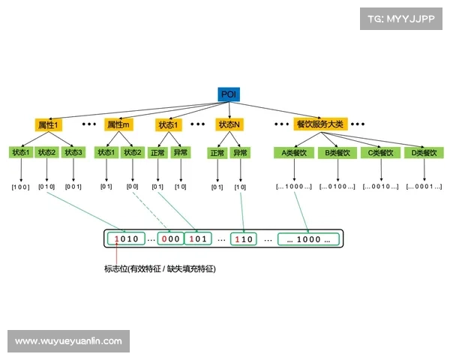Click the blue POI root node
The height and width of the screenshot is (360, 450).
tap(229, 94)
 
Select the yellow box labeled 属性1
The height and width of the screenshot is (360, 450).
tap(48, 124)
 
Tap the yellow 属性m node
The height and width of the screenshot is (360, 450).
tap(118, 124)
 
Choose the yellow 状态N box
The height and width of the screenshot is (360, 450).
tap(229, 124)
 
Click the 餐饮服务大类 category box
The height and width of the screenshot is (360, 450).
tap(320, 124)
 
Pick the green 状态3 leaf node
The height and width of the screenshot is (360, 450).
tap(73, 153)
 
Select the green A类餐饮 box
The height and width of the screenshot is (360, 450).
tap(294, 153)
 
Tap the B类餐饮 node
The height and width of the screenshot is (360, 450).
tap(337, 153)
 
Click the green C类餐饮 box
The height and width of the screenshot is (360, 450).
tap(379, 153)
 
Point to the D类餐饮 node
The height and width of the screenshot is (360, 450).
tap(423, 153)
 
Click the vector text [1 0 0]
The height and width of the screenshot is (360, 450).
tap(20, 186)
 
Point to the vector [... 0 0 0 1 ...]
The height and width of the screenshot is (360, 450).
tap(423, 186)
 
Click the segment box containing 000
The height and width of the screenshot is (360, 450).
tap(172, 239)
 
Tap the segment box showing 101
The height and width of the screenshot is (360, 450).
tap(199, 239)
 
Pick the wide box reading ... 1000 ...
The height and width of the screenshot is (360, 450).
tap(308, 239)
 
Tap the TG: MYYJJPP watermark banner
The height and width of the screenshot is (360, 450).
tap(401, 19)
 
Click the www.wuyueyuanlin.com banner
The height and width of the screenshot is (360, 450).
tap(68, 341)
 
